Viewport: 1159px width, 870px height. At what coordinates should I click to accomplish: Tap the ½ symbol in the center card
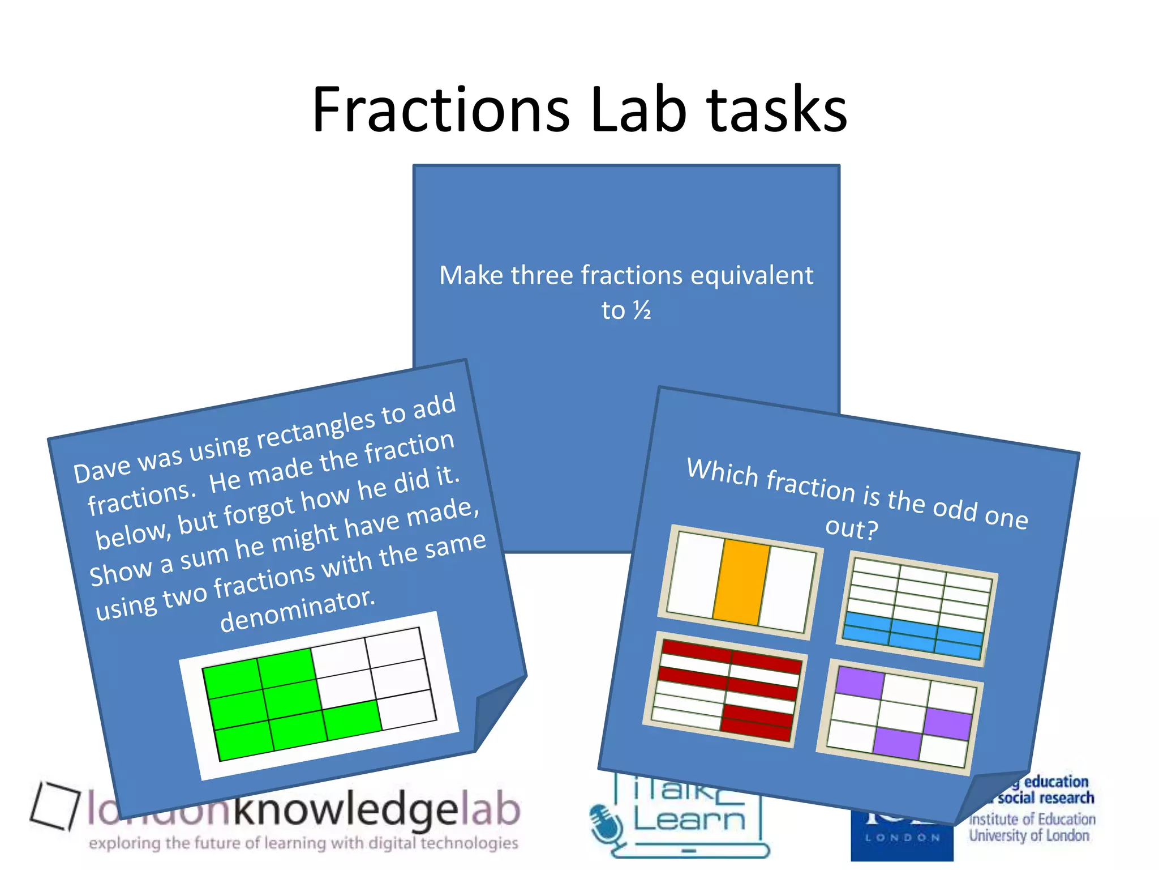[642, 310]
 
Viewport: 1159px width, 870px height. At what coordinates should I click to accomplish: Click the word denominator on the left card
[297, 611]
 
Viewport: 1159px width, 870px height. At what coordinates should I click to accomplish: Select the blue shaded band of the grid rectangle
[913, 634]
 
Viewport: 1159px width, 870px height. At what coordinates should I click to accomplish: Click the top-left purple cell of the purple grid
[860, 682]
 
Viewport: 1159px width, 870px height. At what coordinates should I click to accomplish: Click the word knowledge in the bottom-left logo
[345, 810]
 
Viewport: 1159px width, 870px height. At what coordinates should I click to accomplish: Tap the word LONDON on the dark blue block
[902, 838]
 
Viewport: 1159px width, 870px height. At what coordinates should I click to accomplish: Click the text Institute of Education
[1032, 819]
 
